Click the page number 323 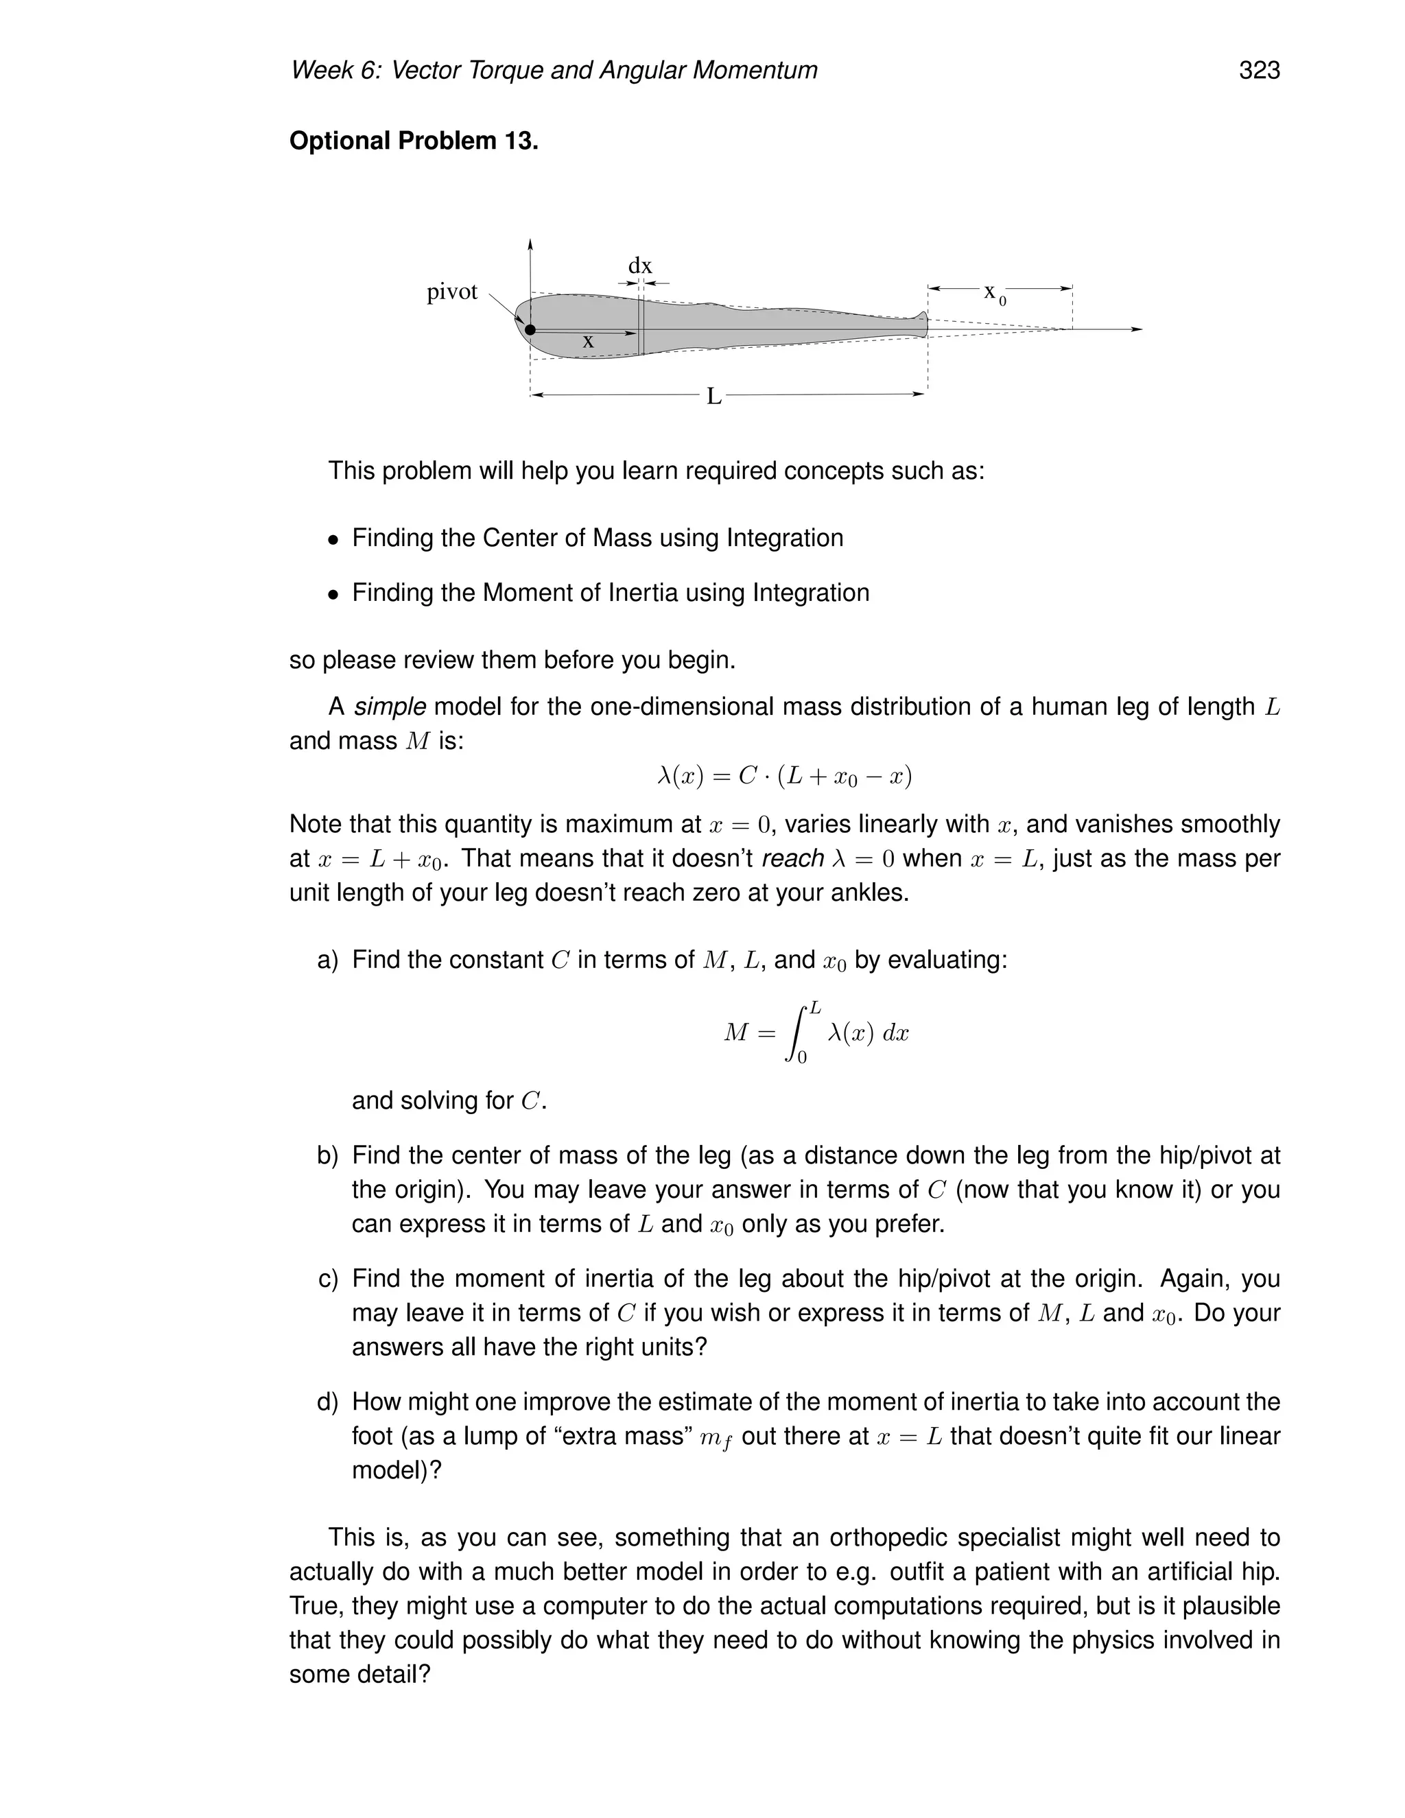[1258, 70]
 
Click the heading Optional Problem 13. [414, 141]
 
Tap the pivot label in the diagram [452, 292]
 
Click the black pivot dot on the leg [530, 329]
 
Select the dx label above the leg [639, 266]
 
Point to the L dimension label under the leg [713, 397]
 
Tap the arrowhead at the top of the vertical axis [530, 244]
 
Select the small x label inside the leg [589, 341]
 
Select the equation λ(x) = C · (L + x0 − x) [784, 777]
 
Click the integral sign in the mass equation [797, 1033]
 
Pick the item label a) [328, 960]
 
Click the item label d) [328, 1402]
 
